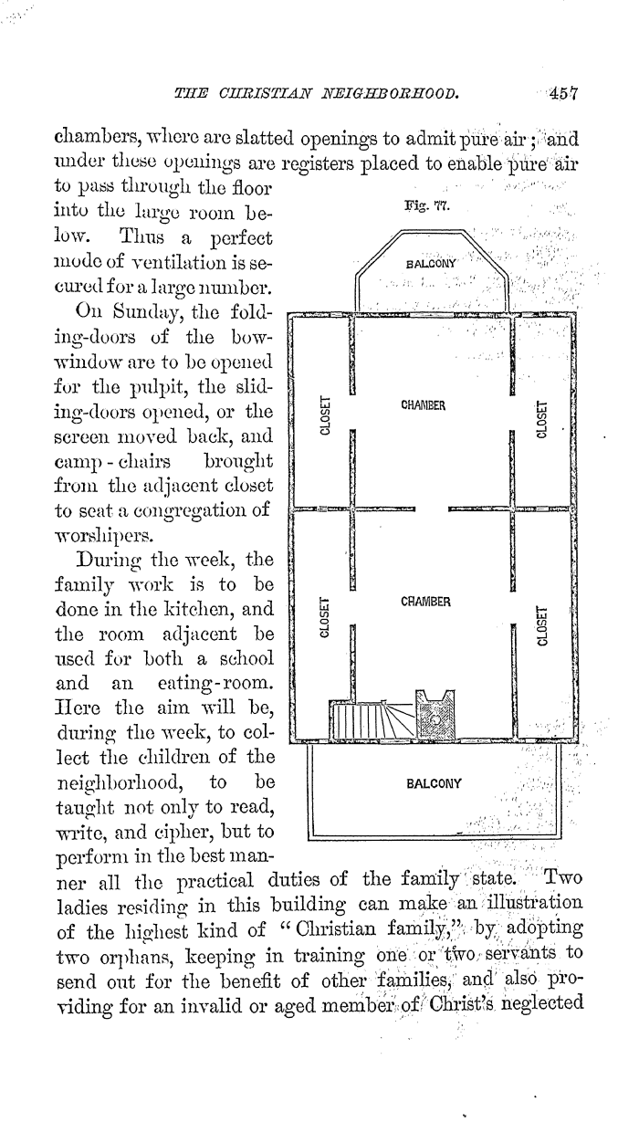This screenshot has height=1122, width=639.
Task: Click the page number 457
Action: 563,93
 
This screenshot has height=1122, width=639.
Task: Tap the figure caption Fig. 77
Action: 427,205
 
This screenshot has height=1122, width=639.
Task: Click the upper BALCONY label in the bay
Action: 431,264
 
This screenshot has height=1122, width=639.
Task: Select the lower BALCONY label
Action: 434,783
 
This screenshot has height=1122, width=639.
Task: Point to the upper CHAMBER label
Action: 424,405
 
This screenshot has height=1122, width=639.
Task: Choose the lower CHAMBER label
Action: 425,601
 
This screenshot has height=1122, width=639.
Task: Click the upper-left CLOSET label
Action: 325,415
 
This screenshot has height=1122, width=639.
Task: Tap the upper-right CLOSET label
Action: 541,419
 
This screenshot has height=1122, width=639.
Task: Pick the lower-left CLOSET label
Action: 324,617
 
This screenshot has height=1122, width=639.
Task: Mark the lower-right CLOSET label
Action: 541,626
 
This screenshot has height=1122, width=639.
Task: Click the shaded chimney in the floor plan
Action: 435,715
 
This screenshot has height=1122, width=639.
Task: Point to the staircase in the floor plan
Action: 372,719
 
